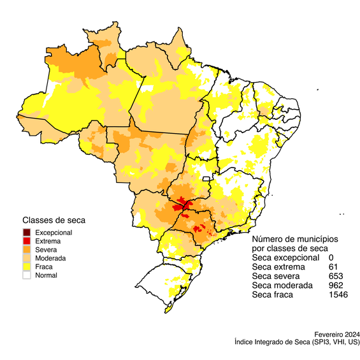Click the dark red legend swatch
pos(26,232)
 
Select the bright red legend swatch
pos(26,240)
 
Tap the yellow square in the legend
pos(26,266)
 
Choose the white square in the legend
pos(26,275)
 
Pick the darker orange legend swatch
pos(26,249)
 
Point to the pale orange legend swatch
pos(26,257)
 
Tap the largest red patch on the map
pos(181,205)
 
